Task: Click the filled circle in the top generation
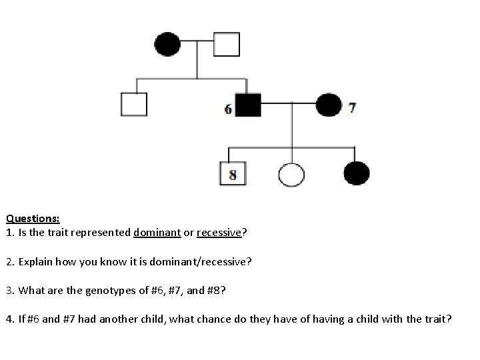click(167, 45)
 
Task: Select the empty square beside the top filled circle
click(226, 45)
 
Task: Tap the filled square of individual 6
click(247, 105)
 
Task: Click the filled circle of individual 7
click(328, 105)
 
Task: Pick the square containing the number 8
click(232, 174)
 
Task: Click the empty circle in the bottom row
click(291, 175)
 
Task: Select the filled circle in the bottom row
click(356, 174)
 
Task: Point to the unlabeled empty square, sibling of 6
click(133, 104)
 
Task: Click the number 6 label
click(229, 108)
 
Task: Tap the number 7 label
click(352, 107)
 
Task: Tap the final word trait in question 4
click(437, 319)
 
